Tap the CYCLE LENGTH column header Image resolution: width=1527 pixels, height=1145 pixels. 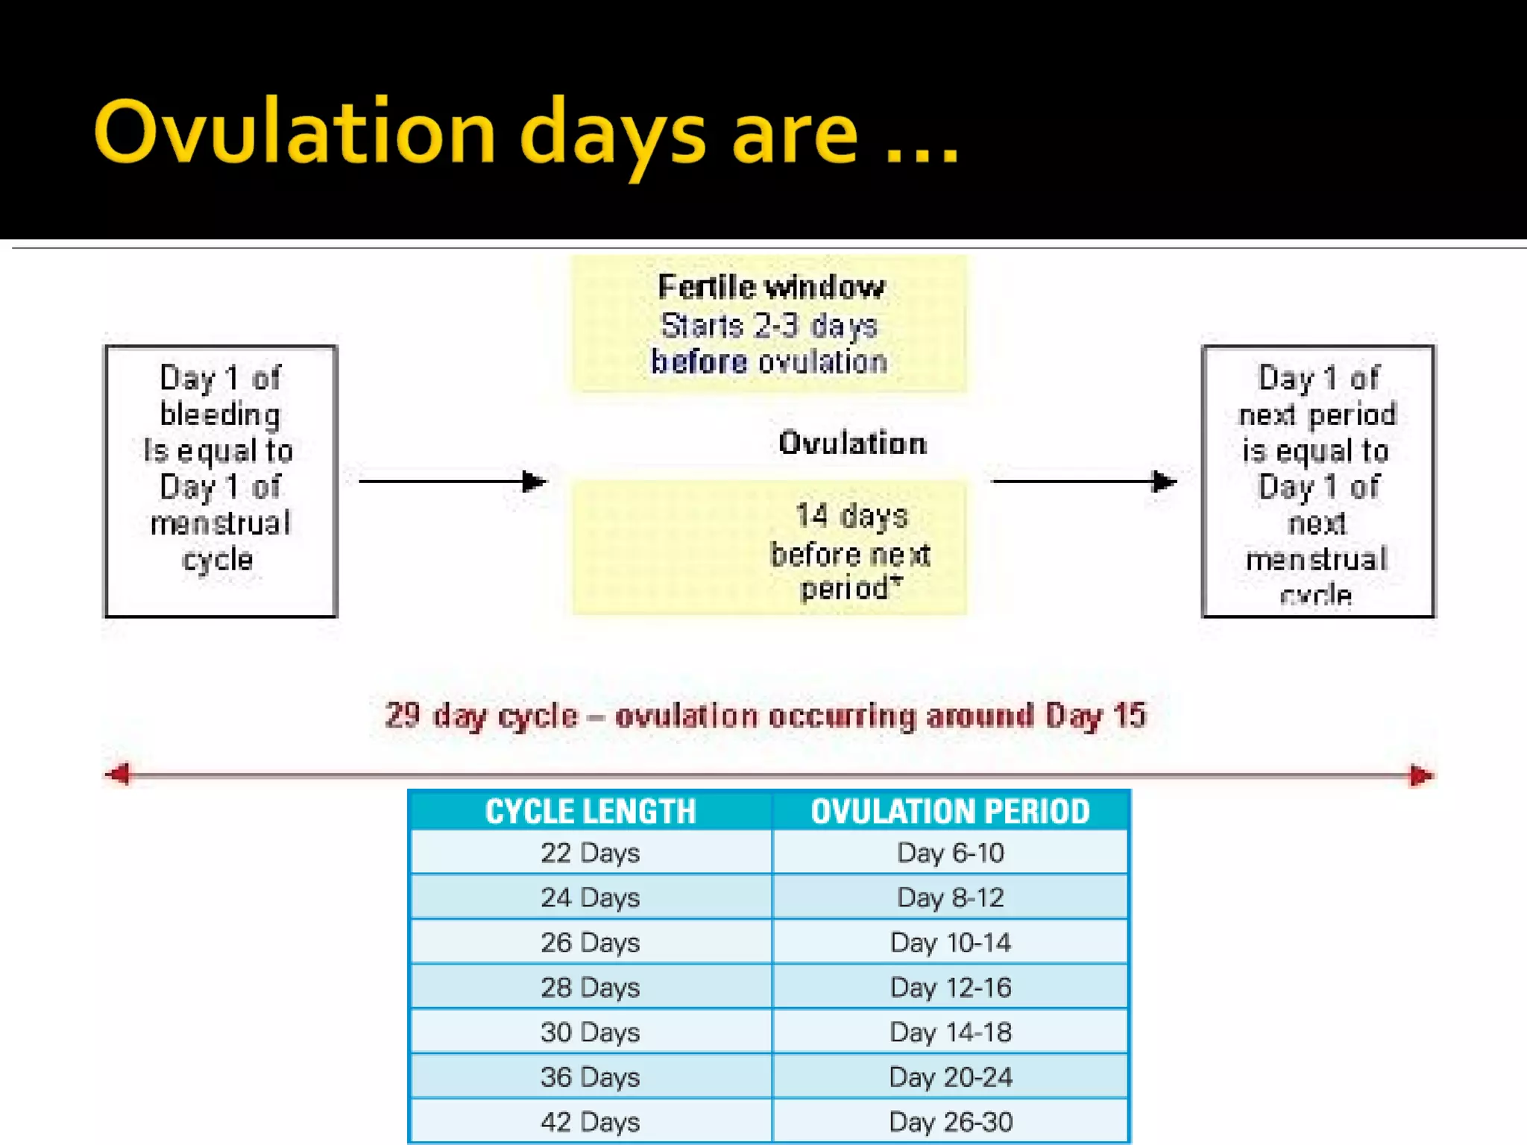tap(590, 811)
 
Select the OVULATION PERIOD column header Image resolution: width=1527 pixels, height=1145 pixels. tap(950, 811)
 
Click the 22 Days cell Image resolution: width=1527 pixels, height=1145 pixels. tap(590, 853)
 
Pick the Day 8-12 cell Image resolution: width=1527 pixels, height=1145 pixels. tap(950, 898)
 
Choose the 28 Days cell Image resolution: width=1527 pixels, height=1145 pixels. tap(590, 988)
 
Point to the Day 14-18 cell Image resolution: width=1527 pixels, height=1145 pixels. tap(950, 1032)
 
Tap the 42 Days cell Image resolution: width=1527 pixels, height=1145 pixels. tap(590, 1122)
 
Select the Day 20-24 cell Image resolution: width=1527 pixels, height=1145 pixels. tap(950, 1077)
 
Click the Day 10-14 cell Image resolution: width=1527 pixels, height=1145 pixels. tap(950, 943)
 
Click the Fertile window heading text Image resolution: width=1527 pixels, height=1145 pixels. tap(771, 288)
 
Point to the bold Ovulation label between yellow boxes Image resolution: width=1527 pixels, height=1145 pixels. tap(852, 444)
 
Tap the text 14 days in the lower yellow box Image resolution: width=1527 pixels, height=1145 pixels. tap(851, 516)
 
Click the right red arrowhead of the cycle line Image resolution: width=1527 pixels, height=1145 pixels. tap(1420, 776)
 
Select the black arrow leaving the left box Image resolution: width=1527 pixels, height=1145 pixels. tap(452, 482)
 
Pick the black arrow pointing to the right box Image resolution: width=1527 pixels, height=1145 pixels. tap(1084, 482)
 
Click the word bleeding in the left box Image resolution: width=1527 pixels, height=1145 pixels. tap(220, 414)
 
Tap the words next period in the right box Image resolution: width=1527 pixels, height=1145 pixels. tap(1317, 414)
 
